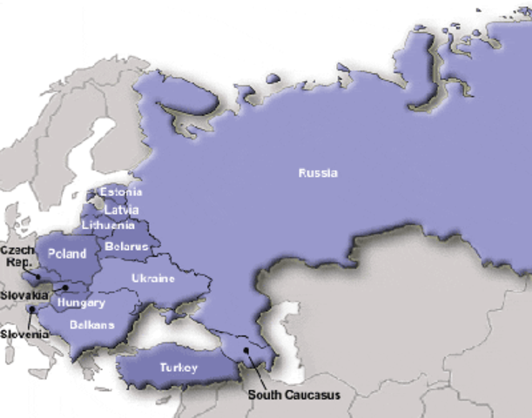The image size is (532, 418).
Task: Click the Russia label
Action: [318, 172]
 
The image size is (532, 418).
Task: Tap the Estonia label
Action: [121, 192]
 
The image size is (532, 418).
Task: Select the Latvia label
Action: [121, 210]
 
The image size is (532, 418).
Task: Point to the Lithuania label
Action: [108, 226]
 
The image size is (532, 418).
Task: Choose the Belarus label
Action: [126, 246]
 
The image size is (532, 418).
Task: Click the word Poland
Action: [67, 254]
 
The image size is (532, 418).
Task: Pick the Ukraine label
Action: [153, 279]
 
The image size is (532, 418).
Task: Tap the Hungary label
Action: [80, 303]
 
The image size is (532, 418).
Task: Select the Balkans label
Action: [92, 325]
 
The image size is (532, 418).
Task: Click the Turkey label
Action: [178, 367]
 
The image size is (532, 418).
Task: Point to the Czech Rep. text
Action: [17, 255]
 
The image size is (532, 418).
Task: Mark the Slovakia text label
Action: [24, 294]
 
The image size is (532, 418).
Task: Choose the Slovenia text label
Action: [24, 334]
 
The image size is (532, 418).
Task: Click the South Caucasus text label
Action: [293, 394]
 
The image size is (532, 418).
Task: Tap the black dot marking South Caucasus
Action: [246, 351]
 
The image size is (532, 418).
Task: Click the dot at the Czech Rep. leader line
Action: [38, 277]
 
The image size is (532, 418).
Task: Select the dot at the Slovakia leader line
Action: [65, 287]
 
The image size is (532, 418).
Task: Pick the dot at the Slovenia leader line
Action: [32, 309]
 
